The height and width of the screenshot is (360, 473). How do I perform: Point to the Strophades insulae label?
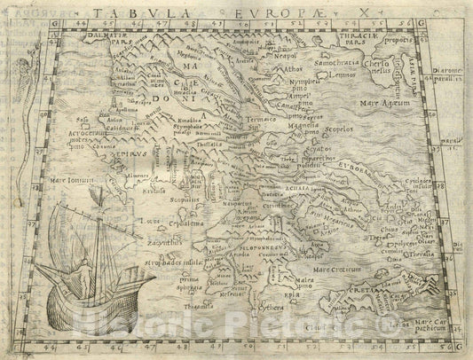click(x=159, y=262)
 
